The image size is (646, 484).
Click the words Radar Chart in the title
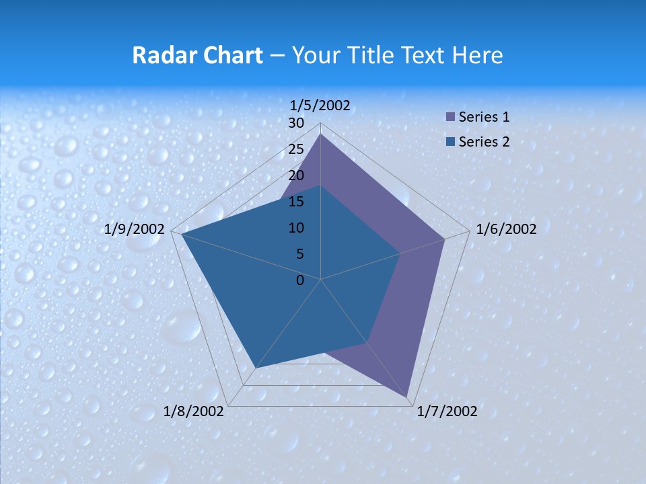coord(197,55)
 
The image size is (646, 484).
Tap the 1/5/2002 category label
coord(320,105)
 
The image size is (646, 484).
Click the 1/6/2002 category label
coord(506,229)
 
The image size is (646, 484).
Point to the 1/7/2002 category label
coord(447,411)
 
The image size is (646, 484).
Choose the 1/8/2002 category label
coord(194,411)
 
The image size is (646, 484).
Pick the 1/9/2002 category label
coord(135,229)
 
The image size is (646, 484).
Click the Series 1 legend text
coord(484,117)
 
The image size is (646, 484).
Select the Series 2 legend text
coord(484,141)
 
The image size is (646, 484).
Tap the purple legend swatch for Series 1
coord(450,117)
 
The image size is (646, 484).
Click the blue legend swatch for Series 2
coord(450,141)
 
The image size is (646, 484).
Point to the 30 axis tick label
coord(296,123)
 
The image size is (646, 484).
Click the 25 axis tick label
coord(296,149)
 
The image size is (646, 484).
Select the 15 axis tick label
coord(296,202)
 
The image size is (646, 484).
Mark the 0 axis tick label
coord(300,280)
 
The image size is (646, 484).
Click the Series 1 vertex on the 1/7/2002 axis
coord(407,397)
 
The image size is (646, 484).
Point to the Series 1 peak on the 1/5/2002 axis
coord(321,134)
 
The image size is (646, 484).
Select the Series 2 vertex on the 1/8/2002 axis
coord(256,368)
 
